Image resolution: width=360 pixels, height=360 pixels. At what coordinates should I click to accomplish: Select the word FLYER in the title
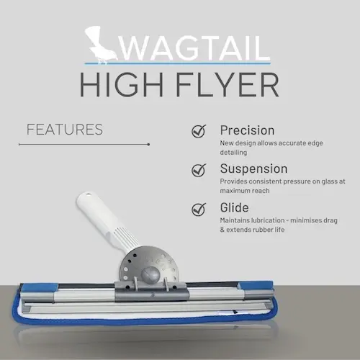228,85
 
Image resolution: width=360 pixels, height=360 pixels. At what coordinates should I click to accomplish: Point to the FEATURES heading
65,130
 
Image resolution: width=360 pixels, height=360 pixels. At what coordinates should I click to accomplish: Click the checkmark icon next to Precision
199,131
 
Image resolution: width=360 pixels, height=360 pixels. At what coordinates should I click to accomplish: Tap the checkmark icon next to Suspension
199,170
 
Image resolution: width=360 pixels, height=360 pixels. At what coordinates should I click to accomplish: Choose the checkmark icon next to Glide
199,209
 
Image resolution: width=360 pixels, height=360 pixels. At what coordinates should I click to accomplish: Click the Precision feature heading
247,130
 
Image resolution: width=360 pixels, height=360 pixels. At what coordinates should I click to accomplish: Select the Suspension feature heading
253,168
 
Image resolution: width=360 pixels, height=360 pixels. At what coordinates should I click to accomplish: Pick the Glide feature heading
234,207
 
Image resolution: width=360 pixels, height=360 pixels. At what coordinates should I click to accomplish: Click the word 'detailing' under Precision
233,153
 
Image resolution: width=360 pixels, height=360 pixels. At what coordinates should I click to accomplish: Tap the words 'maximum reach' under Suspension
245,191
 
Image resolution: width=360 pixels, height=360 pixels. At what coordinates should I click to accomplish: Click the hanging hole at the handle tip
88,194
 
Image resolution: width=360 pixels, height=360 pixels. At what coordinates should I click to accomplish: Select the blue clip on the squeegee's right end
256,286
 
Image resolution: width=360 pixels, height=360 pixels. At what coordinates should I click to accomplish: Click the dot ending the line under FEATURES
148,145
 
